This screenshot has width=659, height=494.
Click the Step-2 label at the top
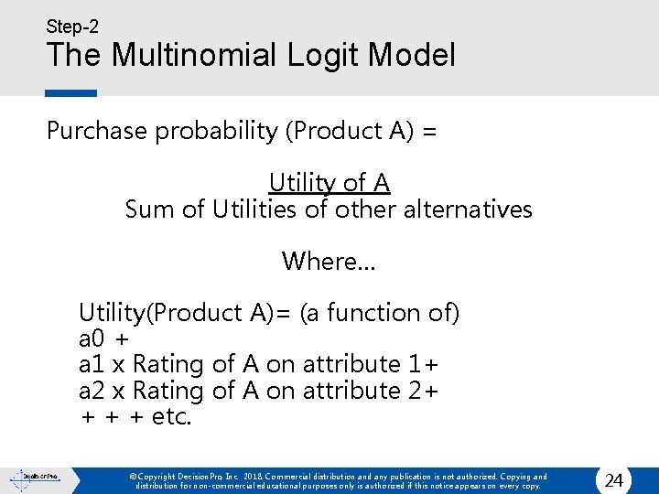[72, 27]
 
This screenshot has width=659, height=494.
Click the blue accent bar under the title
[70, 92]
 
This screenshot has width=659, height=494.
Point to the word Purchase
[97, 131]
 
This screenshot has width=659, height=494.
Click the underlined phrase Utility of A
[329, 183]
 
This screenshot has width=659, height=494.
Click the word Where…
[328, 262]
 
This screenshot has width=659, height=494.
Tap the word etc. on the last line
[172, 417]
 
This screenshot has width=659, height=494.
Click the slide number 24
[615, 480]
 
